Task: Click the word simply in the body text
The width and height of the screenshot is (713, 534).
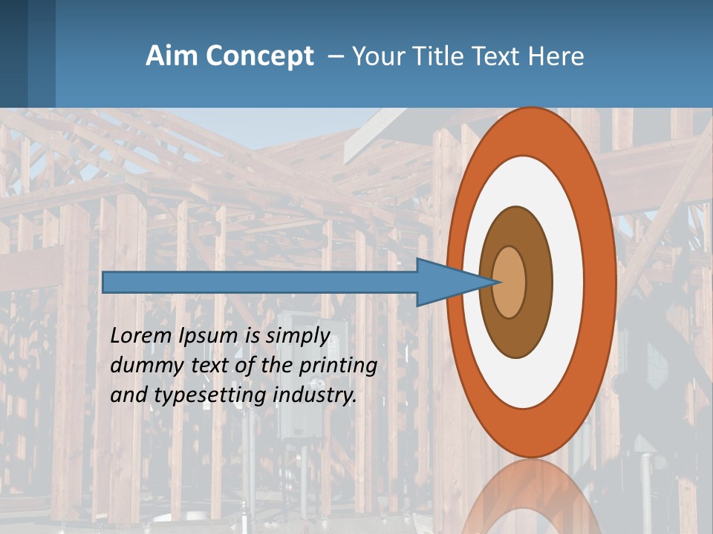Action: tap(297, 336)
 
